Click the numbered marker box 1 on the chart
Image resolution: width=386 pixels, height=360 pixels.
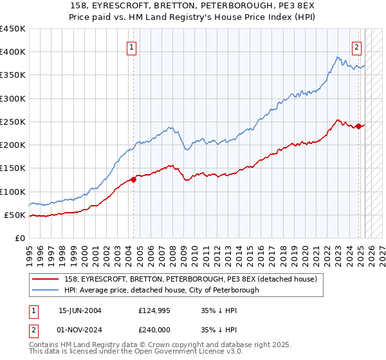tap(131, 46)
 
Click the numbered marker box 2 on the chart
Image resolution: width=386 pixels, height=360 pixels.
tap(356, 46)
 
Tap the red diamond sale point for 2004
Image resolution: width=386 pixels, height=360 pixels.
tap(134, 179)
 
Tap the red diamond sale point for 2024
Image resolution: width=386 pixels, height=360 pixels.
tap(358, 127)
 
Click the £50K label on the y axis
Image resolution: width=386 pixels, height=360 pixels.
tap(15, 215)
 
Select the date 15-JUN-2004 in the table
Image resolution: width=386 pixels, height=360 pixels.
tap(80, 310)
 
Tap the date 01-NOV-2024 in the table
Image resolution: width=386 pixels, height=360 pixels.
tap(80, 330)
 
